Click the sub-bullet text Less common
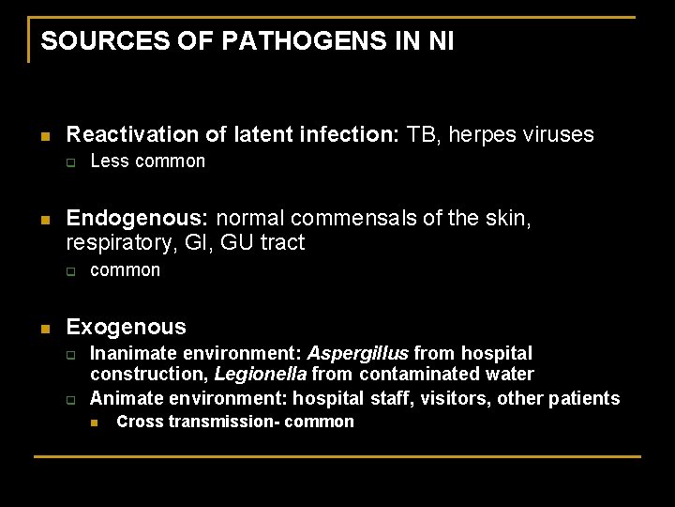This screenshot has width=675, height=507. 147,161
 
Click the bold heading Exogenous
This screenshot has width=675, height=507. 126,328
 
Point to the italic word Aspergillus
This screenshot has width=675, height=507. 358,354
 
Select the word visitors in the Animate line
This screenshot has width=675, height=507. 456,399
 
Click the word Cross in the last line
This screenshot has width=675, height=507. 138,422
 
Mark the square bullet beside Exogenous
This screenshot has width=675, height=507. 44,329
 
